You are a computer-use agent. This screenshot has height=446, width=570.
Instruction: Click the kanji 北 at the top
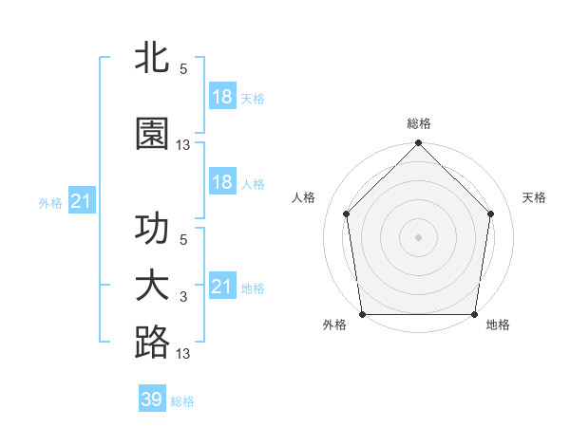pos(152,59)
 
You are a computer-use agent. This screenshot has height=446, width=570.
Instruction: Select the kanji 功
pos(152,231)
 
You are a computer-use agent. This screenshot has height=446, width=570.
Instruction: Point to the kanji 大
pos(152,287)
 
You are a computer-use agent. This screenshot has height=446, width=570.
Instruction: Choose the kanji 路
pos(152,344)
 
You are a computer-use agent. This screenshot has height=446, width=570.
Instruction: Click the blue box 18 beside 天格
pos(221,97)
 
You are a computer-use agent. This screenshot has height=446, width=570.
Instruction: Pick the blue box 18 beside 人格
pos(221,182)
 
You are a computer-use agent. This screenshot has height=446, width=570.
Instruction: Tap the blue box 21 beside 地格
pos(221,287)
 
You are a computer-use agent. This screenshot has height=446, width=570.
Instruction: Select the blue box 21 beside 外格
pos(81,201)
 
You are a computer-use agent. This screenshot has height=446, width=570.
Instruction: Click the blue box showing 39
pos(151,400)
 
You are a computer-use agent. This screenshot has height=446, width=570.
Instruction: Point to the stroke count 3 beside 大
pos(183,297)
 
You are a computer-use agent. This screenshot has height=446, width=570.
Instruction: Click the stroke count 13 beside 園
pos(183,145)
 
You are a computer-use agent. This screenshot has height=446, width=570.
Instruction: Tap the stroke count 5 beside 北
pos(183,69)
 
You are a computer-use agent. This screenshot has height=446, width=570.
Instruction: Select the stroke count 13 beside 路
pos(183,354)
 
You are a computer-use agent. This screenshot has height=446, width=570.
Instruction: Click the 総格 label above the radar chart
pos(419,123)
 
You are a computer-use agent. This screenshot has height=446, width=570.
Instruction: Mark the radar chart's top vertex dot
pos(418,144)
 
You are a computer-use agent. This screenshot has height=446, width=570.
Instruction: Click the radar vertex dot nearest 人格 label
pos(347,214)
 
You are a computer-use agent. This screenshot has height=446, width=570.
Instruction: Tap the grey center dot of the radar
pos(418,236)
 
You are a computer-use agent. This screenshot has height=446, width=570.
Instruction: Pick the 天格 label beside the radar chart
pos(535,197)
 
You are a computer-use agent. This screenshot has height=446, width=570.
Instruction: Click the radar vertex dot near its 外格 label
pos(362,314)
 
